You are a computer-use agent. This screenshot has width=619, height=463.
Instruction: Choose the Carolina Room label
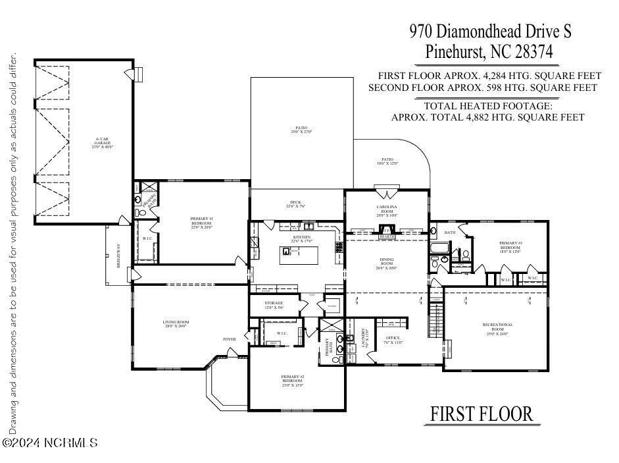tap(387, 211)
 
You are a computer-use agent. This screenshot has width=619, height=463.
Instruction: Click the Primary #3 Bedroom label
tap(510, 247)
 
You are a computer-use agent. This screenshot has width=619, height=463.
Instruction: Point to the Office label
tap(393, 340)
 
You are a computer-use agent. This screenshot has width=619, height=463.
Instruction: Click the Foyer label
tap(229, 339)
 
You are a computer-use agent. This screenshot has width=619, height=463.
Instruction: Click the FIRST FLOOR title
tap(481, 414)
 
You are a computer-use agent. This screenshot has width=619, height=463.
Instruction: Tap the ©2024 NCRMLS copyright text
tap(51, 443)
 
